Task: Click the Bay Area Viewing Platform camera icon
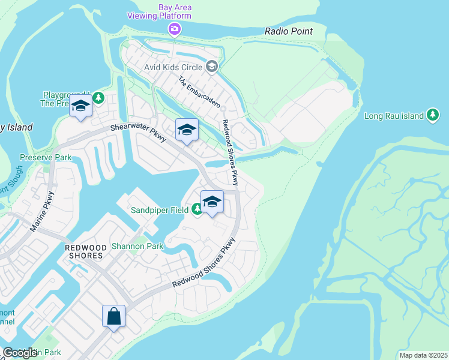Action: click(x=175, y=28)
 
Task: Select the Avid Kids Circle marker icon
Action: click(x=211, y=67)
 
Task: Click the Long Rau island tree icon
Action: click(x=433, y=115)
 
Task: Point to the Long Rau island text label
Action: click(x=394, y=115)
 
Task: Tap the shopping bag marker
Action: click(x=113, y=316)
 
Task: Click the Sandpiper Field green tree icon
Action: click(x=197, y=209)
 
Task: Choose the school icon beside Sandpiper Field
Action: click(x=211, y=202)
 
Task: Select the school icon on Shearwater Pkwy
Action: click(x=187, y=130)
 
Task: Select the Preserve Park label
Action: click(x=46, y=158)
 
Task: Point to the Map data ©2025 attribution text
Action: click(x=423, y=355)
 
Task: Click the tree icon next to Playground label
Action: click(x=98, y=97)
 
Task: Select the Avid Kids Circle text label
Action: click(x=173, y=67)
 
